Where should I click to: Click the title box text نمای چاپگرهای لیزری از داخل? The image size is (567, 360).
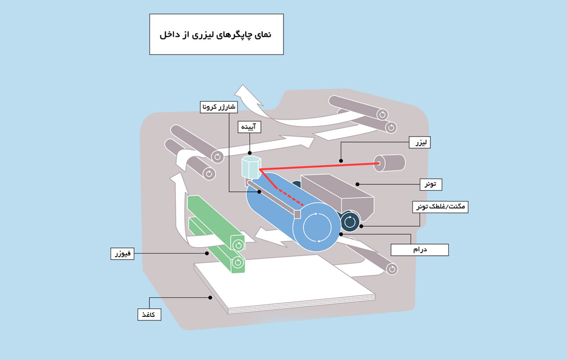pos(216,35)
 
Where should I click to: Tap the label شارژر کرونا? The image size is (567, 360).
pos(217,107)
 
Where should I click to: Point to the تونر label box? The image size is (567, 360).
pos(431,184)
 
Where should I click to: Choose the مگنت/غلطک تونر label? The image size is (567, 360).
pos(441,207)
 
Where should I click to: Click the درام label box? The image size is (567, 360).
pos(419,249)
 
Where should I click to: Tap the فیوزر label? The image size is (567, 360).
pos(123,254)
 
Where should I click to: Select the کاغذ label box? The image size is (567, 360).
pos(149,314)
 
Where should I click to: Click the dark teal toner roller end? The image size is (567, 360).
pos(350,221)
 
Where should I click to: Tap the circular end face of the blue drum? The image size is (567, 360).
pos(316,227)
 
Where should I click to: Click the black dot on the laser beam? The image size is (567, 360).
pos(341,161)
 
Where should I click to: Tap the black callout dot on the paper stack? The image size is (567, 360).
pos(210,297)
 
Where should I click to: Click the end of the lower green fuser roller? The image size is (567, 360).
pos(237,263)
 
